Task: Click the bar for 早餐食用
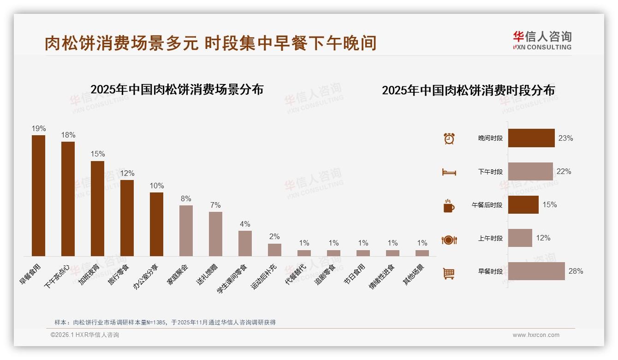(x=38, y=195)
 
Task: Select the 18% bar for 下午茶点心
(x=68, y=198)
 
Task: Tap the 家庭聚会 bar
(x=186, y=230)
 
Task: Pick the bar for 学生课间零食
(x=245, y=243)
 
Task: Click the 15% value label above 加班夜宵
(x=98, y=154)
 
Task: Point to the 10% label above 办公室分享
(x=157, y=186)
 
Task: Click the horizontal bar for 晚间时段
(x=531, y=138)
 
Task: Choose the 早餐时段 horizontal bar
(x=536, y=271)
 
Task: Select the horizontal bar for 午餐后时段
(x=523, y=204)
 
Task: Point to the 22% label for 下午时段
(x=564, y=172)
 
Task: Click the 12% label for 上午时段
(x=543, y=238)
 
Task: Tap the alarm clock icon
(x=449, y=138)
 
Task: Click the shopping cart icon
(x=449, y=274)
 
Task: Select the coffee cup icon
(x=449, y=206)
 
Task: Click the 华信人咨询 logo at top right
(x=542, y=41)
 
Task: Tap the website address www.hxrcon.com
(x=536, y=335)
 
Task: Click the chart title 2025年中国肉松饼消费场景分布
(x=177, y=90)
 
